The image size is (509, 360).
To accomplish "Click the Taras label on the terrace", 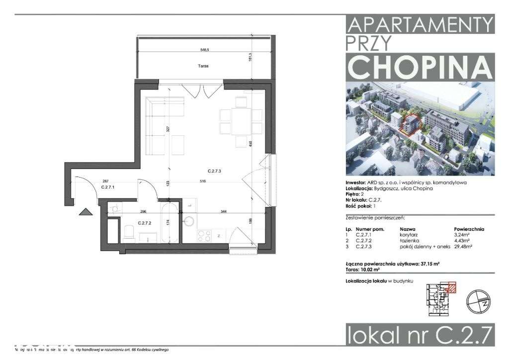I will [202, 66].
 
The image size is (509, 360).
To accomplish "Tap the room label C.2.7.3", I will [214, 171].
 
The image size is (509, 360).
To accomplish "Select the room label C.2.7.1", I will [108, 187].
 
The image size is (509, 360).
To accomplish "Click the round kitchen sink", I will [189, 220].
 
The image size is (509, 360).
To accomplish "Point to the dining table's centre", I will [241, 121].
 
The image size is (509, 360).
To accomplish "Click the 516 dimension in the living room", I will [217, 181].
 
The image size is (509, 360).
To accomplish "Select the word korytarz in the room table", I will [410, 234].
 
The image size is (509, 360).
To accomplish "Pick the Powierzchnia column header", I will [469, 229].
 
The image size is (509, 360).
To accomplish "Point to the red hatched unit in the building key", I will [451, 287].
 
